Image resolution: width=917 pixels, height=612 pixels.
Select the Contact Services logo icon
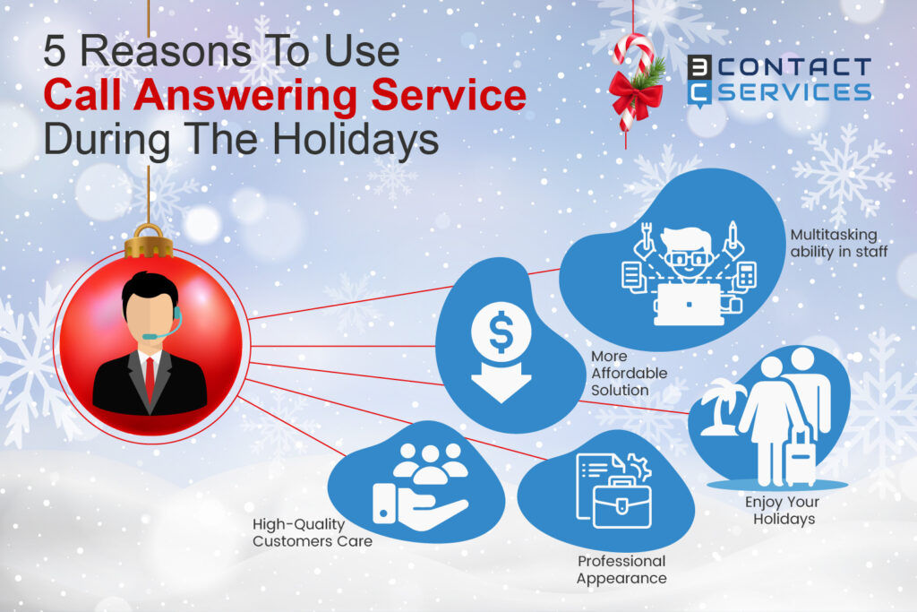pyautogui.click(x=700, y=80)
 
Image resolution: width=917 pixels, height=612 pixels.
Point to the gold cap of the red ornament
pyautogui.click(x=149, y=242)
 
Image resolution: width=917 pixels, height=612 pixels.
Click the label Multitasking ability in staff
pyautogui.click(x=838, y=243)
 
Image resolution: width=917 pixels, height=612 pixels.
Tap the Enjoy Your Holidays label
pyautogui.click(x=781, y=510)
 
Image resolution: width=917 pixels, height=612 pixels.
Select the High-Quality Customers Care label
pyautogui.click(x=312, y=532)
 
